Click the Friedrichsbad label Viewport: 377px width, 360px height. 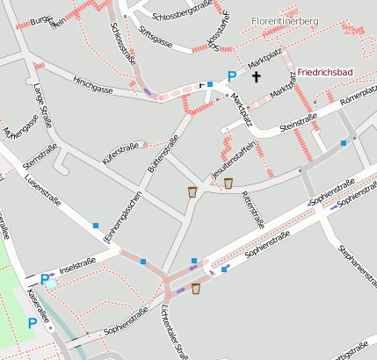tap(324, 71)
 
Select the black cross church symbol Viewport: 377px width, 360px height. tap(257, 77)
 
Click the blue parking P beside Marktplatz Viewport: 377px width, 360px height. tap(232, 76)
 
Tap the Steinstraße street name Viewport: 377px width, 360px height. tap(298, 122)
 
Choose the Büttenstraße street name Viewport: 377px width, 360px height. tap(157, 160)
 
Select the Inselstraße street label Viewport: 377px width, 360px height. tap(76, 265)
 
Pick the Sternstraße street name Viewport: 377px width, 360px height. tap(40, 155)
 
